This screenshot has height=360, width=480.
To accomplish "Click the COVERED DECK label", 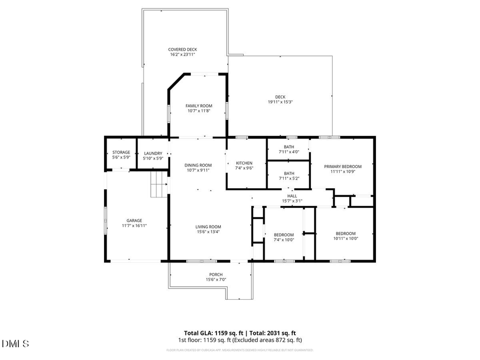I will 183,49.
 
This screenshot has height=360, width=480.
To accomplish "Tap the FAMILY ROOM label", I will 199,106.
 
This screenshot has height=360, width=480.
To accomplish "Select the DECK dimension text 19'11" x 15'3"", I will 280,102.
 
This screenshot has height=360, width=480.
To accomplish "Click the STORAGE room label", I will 121,153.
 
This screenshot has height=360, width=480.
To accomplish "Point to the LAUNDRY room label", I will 153,154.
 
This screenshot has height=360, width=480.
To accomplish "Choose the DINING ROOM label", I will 198,165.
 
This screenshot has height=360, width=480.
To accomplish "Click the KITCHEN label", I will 244,163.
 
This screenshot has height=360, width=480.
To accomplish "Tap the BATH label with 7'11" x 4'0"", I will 289,147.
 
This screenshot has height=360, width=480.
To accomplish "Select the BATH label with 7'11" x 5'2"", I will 289,173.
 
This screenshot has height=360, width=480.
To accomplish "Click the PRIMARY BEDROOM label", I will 343,166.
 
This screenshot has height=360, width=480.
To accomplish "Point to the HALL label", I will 292,196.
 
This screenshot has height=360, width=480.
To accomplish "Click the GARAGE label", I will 134,220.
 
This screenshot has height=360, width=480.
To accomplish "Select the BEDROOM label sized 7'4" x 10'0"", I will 284,235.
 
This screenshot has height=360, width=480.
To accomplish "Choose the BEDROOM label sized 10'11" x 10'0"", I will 346,234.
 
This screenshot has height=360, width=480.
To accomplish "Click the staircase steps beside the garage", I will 159,185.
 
